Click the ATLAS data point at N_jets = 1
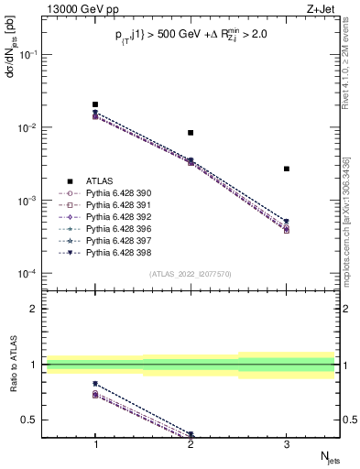(x=95, y=104)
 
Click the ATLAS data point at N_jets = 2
(x=191, y=133)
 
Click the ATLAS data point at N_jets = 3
(x=287, y=169)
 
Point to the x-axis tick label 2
(x=191, y=444)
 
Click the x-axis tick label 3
(x=287, y=444)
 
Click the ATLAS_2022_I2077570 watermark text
(x=191, y=274)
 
